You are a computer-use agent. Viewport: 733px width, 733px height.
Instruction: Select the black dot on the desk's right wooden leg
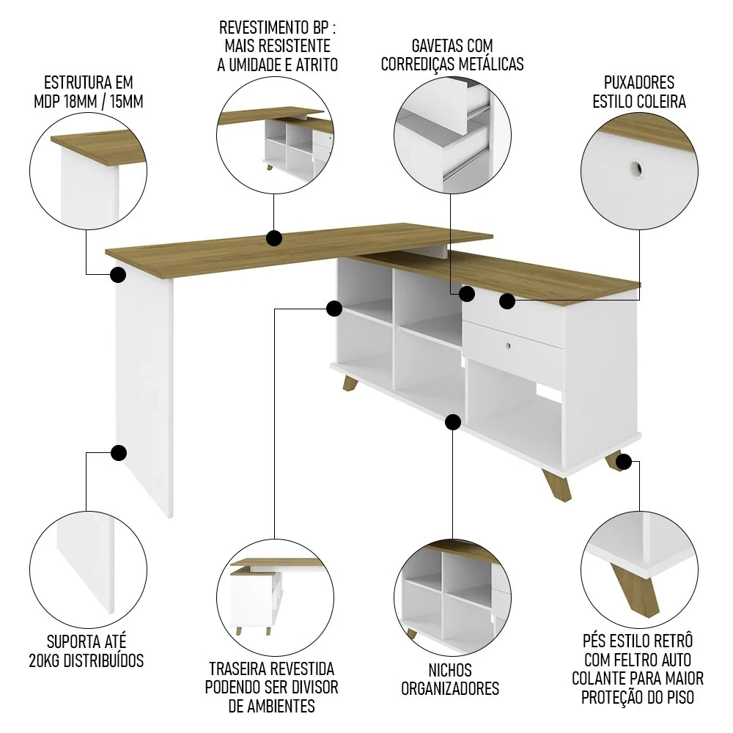[624, 462]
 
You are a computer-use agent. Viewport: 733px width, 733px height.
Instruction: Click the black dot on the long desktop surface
[274, 238]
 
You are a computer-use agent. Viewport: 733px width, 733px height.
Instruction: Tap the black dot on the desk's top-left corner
[118, 276]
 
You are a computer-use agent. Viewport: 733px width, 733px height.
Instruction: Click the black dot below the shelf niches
[453, 421]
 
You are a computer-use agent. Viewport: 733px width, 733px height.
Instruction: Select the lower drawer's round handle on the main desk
[506, 342]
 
